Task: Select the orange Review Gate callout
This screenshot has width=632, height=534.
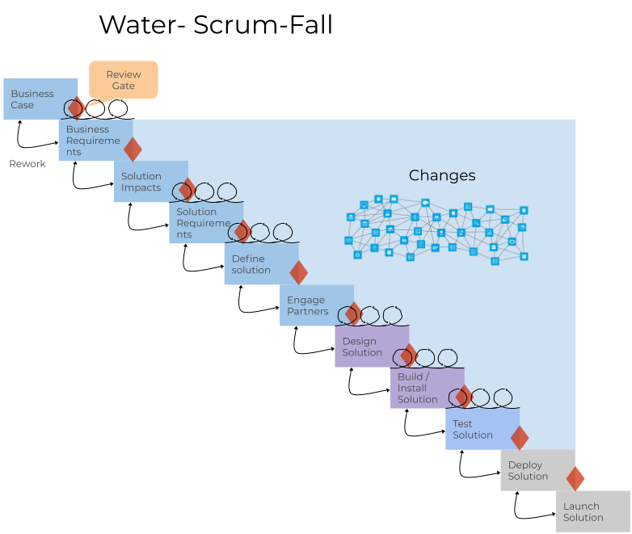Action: (x=123, y=80)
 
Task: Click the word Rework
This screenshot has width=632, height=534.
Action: (x=27, y=164)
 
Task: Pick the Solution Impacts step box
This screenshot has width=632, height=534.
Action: (x=144, y=182)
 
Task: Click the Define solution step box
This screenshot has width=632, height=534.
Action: (x=254, y=264)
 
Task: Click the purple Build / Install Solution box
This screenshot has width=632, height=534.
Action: (x=421, y=388)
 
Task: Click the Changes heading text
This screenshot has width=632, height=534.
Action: (x=442, y=175)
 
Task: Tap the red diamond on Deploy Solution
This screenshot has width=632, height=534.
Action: (x=575, y=478)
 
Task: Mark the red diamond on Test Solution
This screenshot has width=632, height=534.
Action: (x=520, y=437)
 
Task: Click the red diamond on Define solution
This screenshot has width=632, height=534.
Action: (x=299, y=272)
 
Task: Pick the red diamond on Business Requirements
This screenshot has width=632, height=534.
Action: (x=133, y=149)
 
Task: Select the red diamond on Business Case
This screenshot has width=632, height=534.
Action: (x=76, y=107)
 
